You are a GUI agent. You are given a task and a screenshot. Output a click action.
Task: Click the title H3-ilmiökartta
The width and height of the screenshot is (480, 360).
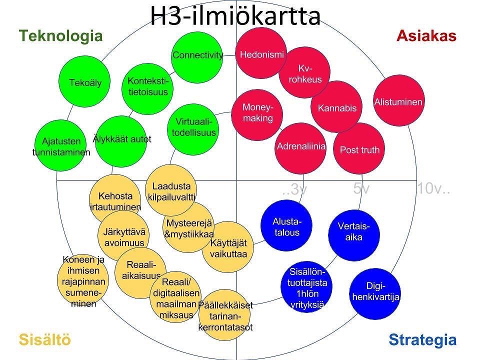tap(235, 16)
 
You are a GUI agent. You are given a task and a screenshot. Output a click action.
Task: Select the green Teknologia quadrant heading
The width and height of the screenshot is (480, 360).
tap(60, 36)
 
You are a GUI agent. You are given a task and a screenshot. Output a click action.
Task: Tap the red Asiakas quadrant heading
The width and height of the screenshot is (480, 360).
tap(426, 35)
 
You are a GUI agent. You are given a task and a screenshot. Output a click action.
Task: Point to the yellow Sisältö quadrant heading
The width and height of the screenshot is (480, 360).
tap(44, 339)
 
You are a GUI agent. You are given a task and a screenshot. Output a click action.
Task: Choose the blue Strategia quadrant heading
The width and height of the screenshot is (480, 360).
tap(422, 340)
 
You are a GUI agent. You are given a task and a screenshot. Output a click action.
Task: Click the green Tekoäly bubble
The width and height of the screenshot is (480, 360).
tap(84, 81)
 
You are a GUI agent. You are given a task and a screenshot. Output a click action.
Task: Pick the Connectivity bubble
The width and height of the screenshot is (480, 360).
tap(197, 57)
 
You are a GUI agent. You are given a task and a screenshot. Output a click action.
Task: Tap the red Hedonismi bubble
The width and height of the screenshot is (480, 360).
tap(261, 53)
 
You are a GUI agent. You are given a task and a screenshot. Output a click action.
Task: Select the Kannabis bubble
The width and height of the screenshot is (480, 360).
tap(336, 107)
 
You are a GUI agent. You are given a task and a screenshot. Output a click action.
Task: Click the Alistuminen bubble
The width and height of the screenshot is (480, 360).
tap(399, 100)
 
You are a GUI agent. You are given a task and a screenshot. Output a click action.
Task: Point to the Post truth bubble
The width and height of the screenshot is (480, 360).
tap(359, 149)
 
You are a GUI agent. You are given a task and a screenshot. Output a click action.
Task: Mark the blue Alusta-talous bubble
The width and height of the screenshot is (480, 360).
tap(286, 225)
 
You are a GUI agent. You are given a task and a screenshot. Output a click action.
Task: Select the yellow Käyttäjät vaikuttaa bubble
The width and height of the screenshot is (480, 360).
tap(228, 246)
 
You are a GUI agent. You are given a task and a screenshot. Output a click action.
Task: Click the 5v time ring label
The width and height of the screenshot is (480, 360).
tap(361, 188)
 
